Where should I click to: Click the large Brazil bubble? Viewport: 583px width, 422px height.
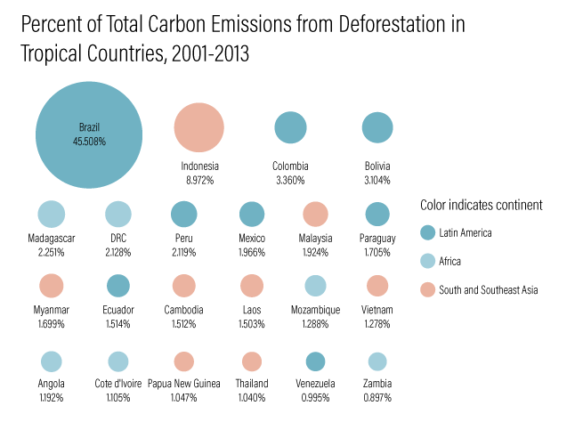click(89, 134)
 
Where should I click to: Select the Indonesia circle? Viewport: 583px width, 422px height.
click(198, 127)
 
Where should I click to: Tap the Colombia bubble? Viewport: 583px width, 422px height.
click(290, 127)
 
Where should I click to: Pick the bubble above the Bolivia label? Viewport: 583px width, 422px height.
click(377, 127)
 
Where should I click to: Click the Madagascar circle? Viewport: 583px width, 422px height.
click(52, 214)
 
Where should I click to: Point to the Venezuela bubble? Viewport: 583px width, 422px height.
click(315, 361)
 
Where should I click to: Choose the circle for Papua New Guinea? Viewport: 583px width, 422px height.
click(183, 361)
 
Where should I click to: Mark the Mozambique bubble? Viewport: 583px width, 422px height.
click(315, 286)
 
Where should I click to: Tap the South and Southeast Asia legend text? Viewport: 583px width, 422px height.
click(489, 290)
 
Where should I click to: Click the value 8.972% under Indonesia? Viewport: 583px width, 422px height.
click(199, 180)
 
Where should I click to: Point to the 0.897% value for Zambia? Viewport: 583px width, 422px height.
click(377, 397)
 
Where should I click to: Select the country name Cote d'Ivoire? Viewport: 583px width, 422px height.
click(117, 384)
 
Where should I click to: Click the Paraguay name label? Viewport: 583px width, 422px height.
click(377, 238)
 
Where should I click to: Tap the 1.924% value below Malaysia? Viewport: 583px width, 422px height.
click(315, 252)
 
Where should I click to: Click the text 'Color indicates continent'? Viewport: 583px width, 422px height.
click(482, 206)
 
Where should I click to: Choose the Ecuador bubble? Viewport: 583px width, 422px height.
click(117, 286)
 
